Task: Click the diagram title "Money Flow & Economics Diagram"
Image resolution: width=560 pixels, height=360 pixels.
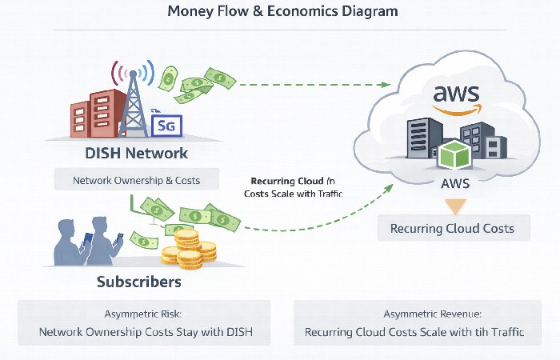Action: pyautogui.click(x=281, y=12)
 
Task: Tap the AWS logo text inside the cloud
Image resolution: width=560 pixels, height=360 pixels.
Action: pyautogui.click(x=457, y=92)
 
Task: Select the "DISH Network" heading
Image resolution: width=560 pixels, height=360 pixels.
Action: pyautogui.click(x=136, y=153)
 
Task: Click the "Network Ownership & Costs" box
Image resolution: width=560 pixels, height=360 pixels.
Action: pyautogui.click(x=137, y=180)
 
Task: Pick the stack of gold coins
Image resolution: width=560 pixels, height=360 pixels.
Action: pyautogui.click(x=189, y=250)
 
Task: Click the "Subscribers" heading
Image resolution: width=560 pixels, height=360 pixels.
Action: pyautogui.click(x=138, y=282)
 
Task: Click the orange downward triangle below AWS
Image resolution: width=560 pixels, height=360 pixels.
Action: pyautogui.click(x=454, y=206)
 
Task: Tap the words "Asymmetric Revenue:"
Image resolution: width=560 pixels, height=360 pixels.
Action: pyautogui.click(x=414, y=314)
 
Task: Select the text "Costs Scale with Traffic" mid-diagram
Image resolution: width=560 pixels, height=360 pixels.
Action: pyautogui.click(x=293, y=194)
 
